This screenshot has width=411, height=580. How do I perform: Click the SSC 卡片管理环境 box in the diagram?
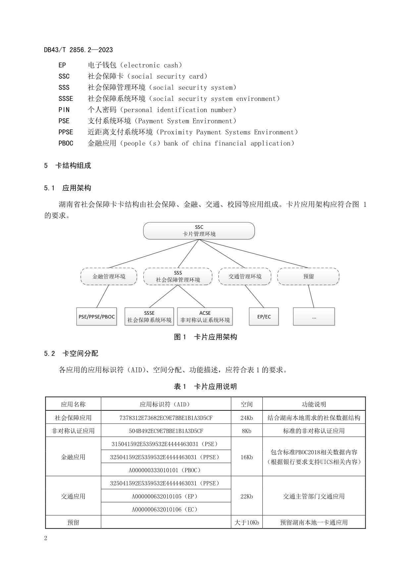pyautogui.click(x=199, y=230)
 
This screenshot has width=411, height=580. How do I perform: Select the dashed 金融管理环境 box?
pyautogui.click(x=109, y=276)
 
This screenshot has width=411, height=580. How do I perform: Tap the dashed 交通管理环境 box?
pyautogui.click(x=245, y=276)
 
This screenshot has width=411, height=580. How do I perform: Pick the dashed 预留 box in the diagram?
pyautogui.click(x=308, y=276)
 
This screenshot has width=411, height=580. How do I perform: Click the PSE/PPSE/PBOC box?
pyautogui.click(x=96, y=316)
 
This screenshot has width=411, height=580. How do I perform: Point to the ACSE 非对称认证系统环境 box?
pyautogui.click(x=205, y=316)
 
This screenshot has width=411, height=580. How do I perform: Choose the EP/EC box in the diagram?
pyautogui.click(x=264, y=316)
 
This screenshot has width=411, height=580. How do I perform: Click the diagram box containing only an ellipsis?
pyautogui.click(x=314, y=316)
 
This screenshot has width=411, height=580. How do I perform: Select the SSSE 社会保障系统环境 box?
pyautogui.click(x=149, y=316)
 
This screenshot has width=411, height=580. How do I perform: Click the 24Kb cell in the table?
pyautogui.click(x=246, y=418)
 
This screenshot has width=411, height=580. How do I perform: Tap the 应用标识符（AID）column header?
pyautogui.click(x=166, y=404)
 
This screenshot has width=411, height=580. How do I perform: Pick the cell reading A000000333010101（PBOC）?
pyautogui.click(x=166, y=470)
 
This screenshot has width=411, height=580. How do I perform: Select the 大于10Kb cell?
pyautogui.click(x=246, y=522)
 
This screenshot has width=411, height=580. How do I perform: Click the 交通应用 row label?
pyautogui.click(x=73, y=496)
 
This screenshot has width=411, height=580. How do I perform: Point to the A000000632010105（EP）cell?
pyautogui.click(x=166, y=496)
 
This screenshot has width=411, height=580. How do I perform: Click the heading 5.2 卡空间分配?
pyautogui.click(x=71, y=353)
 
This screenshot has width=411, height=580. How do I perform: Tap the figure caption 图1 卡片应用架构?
pyautogui.click(x=205, y=337)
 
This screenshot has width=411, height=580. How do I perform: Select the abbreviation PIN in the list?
pyautogui.click(x=64, y=110)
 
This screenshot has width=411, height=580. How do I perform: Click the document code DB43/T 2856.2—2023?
pyautogui.click(x=78, y=50)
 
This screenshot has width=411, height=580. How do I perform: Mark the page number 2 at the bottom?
pyautogui.click(x=46, y=538)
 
